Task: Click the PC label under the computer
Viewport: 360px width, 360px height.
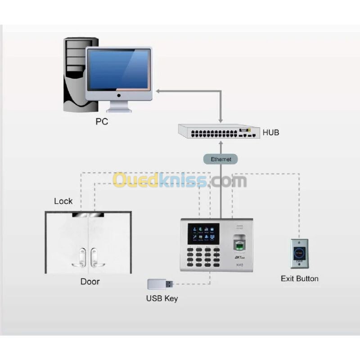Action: [x=102, y=121]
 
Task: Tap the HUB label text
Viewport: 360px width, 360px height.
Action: [x=270, y=132]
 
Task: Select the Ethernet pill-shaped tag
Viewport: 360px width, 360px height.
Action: [x=220, y=159]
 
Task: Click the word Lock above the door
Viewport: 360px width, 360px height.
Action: [x=63, y=201]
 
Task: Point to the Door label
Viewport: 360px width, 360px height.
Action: [x=90, y=282]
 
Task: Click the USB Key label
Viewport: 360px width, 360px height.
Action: [x=162, y=298]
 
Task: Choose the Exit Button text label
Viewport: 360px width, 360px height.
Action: [x=299, y=279]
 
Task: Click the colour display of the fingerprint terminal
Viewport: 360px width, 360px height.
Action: [x=203, y=234]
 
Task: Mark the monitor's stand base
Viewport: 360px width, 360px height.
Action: [x=119, y=108]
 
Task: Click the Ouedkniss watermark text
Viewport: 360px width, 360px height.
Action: [x=180, y=181]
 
